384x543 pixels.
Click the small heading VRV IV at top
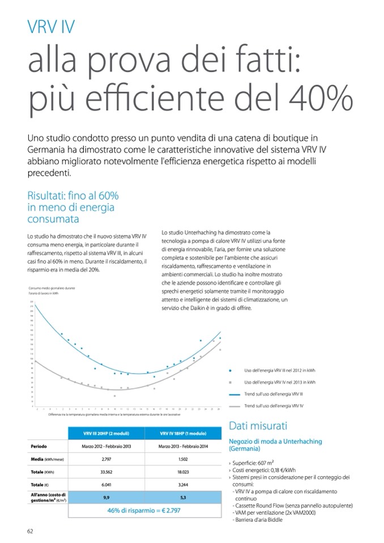[x=50, y=27]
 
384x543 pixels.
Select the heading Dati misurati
[x=258, y=426]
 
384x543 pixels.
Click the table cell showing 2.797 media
[x=106, y=459]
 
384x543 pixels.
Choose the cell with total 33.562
[x=106, y=472]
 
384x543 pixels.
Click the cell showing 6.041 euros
[x=106, y=485]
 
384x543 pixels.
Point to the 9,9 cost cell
[x=106, y=498]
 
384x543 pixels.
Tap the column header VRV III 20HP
[x=106, y=434]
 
